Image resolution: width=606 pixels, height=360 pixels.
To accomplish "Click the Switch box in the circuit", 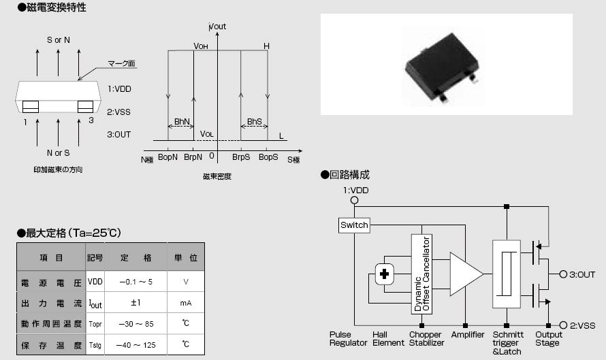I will [x=354, y=225].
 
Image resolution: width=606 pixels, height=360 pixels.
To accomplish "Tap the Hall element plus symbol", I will [x=385, y=274].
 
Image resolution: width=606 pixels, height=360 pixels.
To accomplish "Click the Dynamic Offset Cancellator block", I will [x=422, y=274].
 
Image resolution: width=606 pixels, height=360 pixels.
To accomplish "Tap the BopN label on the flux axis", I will [x=168, y=157].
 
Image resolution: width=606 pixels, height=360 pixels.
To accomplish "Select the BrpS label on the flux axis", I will [x=241, y=157].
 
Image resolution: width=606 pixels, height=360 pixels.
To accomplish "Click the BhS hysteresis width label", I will [x=254, y=122].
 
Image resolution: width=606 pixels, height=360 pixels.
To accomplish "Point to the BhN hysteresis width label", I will [x=181, y=122].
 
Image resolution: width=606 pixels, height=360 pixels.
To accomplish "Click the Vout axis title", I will [x=218, y=27].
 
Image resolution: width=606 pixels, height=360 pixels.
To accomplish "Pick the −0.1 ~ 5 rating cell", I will [x=135, y=281].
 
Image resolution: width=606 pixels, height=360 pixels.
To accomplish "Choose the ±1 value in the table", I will [x=135, y=303].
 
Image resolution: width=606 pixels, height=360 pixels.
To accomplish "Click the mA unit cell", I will [x=186, y=303].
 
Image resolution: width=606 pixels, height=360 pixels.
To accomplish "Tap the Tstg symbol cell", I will [x=95, y=345].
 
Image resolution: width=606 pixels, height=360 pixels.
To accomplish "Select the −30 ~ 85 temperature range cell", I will [x=135, y=324].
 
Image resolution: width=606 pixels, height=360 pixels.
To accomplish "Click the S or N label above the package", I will [x=59, y=40].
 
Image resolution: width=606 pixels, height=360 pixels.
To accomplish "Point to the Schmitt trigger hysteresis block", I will [x=505, y=274].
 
